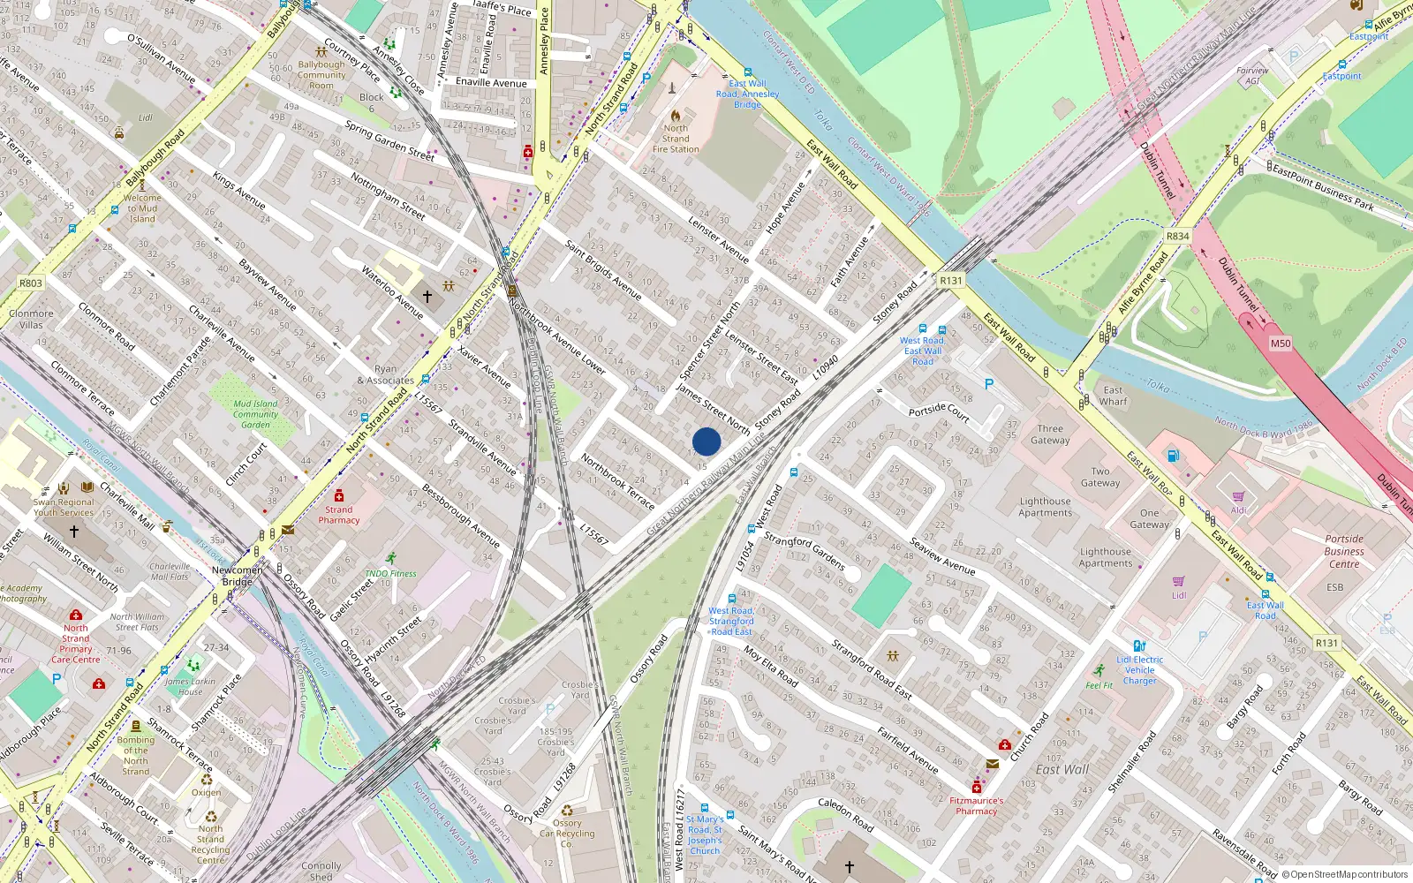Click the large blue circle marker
pos(706,441)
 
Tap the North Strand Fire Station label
pos(676,139)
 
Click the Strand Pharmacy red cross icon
pos(339,496)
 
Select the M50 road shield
pos(1280,343)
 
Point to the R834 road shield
pos(1177,236)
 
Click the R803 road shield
pos(31,283)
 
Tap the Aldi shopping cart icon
pos(1238,497)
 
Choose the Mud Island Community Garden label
pos(255,414)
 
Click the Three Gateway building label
pos(1050,434)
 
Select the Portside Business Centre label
pos(1343,551)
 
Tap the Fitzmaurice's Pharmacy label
pos(976,805)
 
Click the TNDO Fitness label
pos(390,573)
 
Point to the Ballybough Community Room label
pos(321,75)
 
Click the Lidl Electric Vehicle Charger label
pos(1139,670)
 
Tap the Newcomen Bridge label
pos(237,576)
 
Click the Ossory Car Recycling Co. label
pos(567,834)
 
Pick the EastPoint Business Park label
pos(1323,188)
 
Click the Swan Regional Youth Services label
pos(64,507)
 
